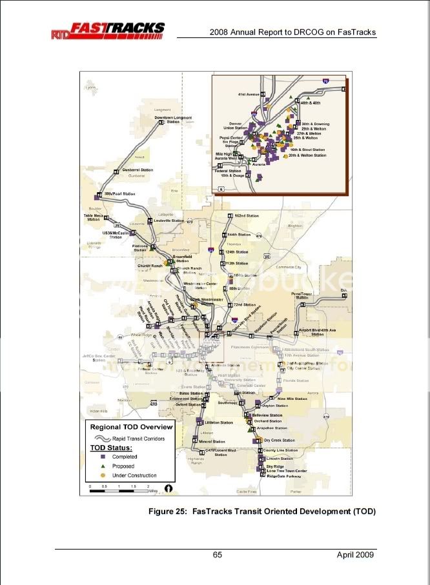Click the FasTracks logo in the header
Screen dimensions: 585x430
(108, 30)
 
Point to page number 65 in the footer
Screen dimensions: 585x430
(218, 555)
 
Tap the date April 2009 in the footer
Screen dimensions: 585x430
(355, 555)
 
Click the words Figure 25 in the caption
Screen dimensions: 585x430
(170, 511)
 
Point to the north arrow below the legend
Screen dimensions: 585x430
(168, 488)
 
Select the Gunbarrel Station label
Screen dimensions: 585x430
(138, 170)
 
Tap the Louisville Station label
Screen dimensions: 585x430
(168, 221)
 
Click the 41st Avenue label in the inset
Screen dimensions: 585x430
(248, 94)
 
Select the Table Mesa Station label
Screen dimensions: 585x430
(93, 217)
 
